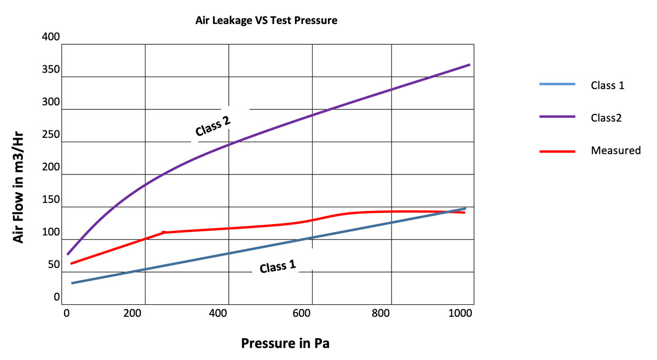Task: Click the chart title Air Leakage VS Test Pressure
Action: click(266, 21)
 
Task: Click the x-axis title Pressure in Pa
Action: click(285, 344)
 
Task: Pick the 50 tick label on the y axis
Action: click(54, 265)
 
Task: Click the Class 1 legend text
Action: click(607, 85)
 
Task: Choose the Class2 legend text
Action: click(606, 118)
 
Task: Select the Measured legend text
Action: click(615, 150)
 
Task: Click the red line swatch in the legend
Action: click(557, 150)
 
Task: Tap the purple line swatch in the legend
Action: click(557, 117)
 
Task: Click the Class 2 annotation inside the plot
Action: click(212, 126)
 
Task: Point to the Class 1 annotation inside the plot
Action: click(278, 266)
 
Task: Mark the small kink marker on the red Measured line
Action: click(163, 233)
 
